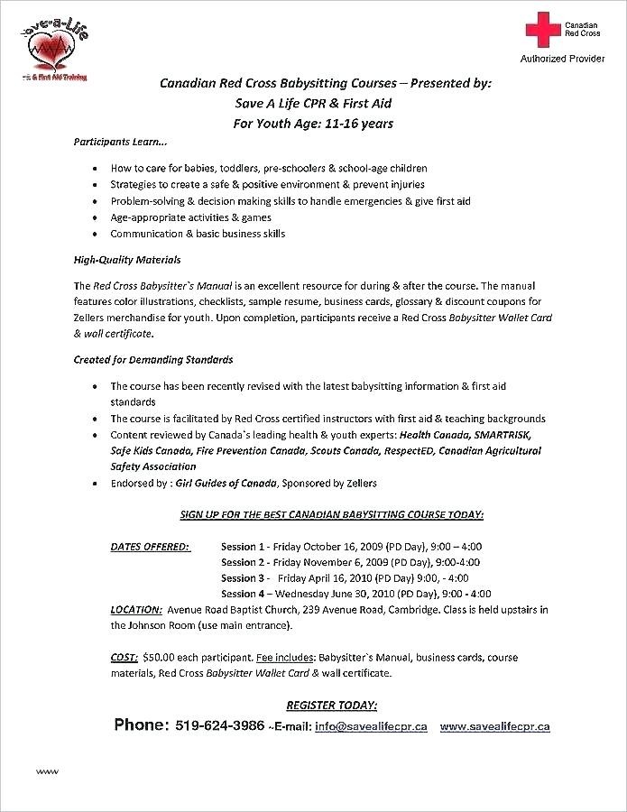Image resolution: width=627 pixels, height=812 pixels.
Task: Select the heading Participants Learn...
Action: (120, 143)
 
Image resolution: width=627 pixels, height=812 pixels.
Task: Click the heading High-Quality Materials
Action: (127, 260)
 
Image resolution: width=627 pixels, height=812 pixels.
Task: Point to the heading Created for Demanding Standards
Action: (152, 359)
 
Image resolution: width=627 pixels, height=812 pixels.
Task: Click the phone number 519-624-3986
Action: (221, 725)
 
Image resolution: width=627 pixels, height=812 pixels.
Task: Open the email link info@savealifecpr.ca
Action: (371, 726)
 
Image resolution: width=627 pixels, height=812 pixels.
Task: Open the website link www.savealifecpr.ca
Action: (495, 726)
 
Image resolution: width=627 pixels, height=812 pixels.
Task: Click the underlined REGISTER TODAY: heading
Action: (331, 705)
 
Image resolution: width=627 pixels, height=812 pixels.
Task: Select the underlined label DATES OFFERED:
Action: (150, 547)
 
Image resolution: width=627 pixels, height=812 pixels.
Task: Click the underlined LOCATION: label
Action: (136, 609)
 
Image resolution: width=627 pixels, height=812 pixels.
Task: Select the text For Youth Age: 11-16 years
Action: (313, 124)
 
